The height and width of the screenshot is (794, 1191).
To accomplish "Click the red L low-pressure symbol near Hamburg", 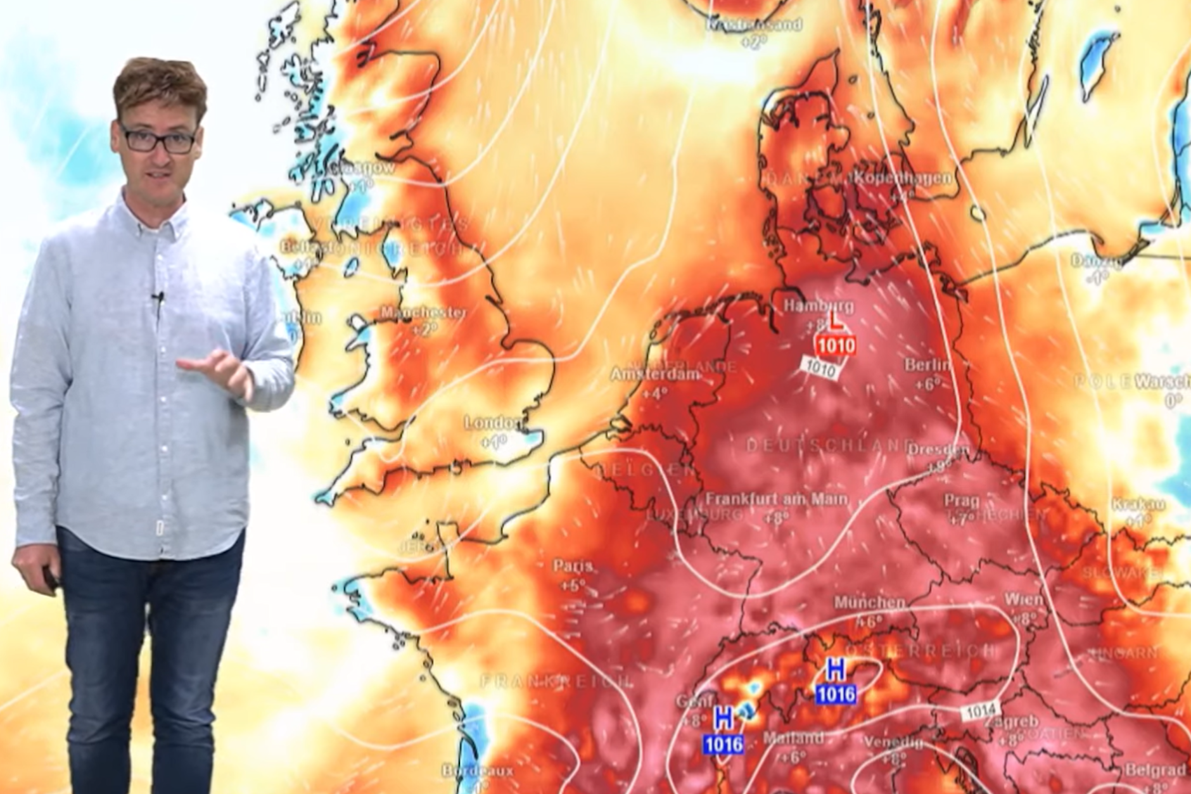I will coord(836,323).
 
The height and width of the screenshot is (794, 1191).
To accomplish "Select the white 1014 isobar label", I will coord(981,711).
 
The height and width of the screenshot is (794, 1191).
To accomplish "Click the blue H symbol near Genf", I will coord(723,719).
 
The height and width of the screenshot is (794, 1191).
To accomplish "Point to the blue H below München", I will coord(836,669).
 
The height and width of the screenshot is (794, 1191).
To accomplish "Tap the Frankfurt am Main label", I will coord(777,499).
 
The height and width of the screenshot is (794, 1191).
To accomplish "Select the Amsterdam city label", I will coord(656,375).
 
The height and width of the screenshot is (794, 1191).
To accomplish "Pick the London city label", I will coord(494,423).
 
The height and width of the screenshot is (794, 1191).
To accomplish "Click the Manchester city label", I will coord(423,313).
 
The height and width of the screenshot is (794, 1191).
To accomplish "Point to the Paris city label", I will coord(573,566).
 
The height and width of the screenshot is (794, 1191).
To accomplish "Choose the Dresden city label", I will coord(938,450).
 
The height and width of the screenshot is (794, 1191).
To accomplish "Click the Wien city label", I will coord(1022,599).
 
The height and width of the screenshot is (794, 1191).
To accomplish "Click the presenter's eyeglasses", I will coord(158,139).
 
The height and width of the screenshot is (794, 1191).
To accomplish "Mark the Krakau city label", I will coord(1138,504).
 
